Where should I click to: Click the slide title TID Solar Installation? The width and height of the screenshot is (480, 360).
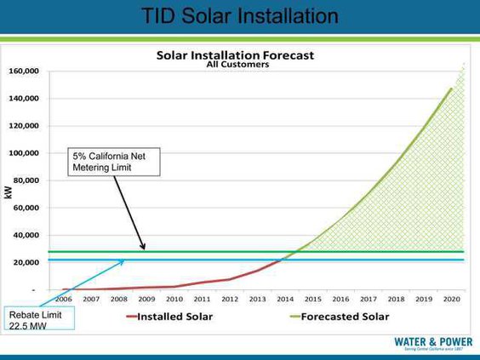click(x=239, y=16)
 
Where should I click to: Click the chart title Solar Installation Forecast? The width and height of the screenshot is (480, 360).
click(x=235, y=54)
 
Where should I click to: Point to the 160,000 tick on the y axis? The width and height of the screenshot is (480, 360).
click(x=23, y=71)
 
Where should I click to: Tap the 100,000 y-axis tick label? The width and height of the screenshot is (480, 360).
click(x=23, y=153)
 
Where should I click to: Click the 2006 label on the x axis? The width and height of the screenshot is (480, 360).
click(x=64, y=299)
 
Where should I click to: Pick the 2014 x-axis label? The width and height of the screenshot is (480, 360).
click(x=284, y=299)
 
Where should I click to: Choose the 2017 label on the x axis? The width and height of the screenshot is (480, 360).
click(x=367, y=299)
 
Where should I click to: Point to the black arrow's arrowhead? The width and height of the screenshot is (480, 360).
click(x=144, y=248)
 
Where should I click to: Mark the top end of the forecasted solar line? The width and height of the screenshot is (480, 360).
click(x=451, y=88)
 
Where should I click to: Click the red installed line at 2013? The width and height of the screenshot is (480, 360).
click(x=257, y=271)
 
